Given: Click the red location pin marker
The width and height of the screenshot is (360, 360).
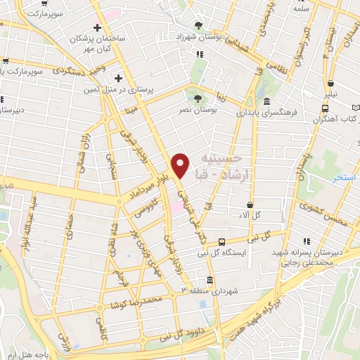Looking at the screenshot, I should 181,165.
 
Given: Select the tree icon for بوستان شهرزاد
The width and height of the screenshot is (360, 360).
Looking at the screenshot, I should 201,24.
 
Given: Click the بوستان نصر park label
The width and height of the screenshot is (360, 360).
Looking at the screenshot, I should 215,110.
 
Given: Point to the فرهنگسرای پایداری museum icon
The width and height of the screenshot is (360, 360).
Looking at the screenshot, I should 267,99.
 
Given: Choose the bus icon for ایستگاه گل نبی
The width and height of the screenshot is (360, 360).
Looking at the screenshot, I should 222,241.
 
